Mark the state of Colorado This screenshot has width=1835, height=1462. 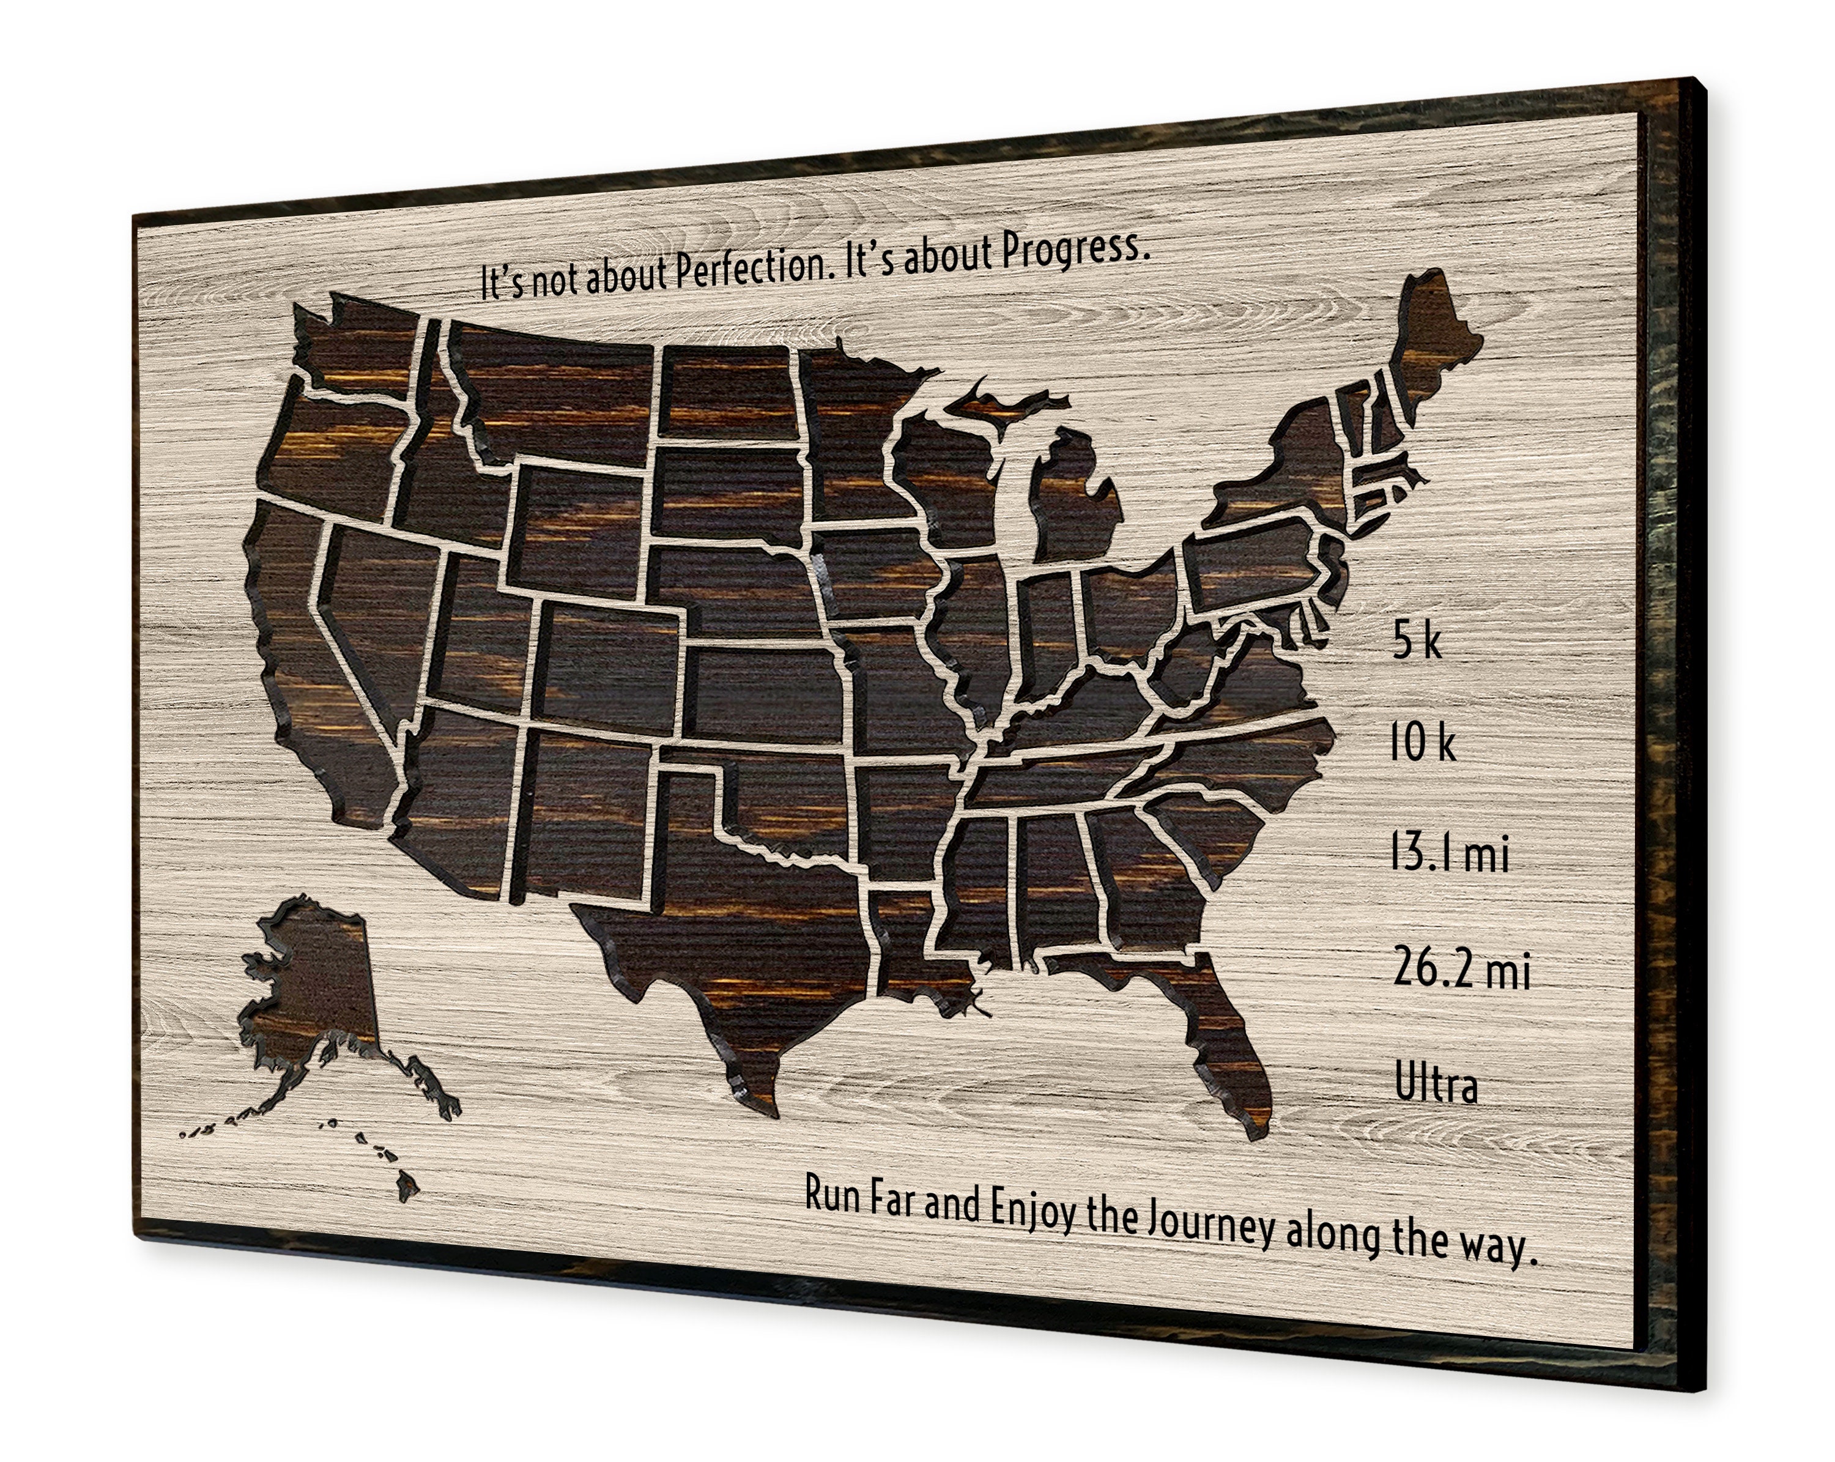tap(609, 659)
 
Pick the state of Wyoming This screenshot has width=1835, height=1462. tap(579, 528)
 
